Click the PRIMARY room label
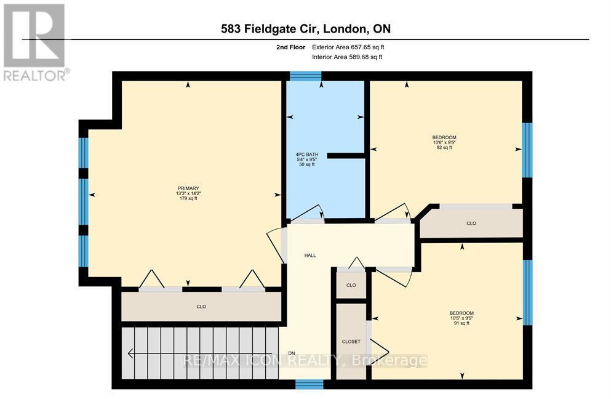click(188, 188)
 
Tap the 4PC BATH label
click(305, 154)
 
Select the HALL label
click(310, 255)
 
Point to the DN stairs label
click(292, 353)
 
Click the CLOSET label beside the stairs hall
click(351, 341)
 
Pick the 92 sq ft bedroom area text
click(444, 148)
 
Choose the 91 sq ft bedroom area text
click(461, 323)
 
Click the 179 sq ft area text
click(188, 198)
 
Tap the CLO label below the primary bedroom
click(201, 306)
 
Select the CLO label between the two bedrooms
click(471, 224)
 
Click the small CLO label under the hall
click(351, 285)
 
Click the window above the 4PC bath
click(305, 76)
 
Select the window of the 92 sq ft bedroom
click(527, 150)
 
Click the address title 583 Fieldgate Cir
click(305, 28)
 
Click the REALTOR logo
click(35, 42)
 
